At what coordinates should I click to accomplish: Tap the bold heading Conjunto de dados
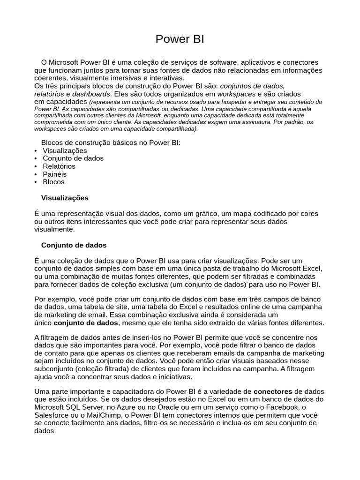(74, 245)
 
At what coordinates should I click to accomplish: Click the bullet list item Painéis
(54, 174)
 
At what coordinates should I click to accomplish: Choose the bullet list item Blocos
(53, 182)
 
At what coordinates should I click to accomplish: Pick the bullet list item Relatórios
(59, 166)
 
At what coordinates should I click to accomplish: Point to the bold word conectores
(273, 391)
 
